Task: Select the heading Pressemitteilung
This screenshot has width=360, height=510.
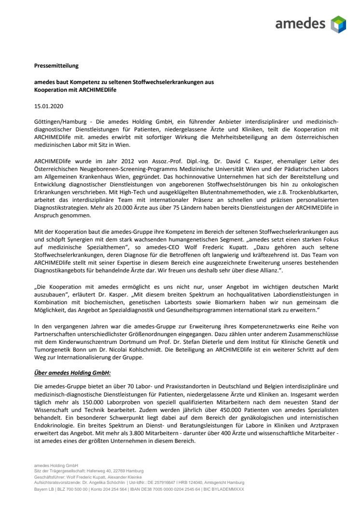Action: pyautogui.click(x=56, y=65)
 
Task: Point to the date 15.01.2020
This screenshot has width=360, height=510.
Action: pyautogui.click(x=49, y=105)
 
